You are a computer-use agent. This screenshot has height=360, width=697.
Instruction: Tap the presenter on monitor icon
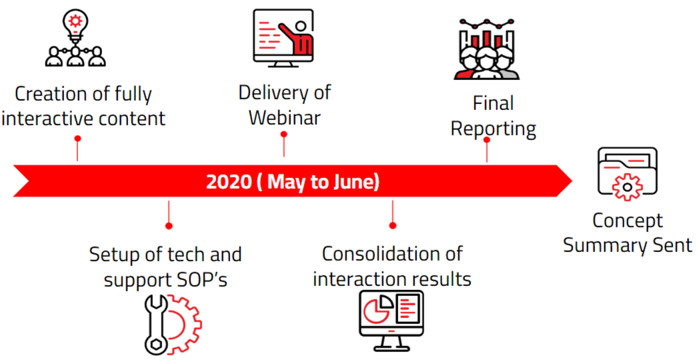283,38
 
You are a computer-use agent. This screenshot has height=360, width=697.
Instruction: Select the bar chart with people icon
487,49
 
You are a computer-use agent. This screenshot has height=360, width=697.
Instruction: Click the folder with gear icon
627,174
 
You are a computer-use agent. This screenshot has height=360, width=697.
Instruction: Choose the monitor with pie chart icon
391,320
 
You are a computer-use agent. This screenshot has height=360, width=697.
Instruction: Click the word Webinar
285,118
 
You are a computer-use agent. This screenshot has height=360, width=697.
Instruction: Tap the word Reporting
494,129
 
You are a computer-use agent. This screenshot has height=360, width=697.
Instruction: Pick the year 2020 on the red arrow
229,182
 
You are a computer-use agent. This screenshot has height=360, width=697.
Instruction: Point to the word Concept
628,221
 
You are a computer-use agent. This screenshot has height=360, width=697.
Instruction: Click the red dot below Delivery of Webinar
284,134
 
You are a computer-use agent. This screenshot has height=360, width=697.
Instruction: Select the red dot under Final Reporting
487,139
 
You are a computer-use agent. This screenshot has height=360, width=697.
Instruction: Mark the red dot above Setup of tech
169,226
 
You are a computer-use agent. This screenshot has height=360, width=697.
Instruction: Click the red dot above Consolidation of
392,225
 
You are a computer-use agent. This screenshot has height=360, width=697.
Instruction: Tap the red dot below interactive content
78,139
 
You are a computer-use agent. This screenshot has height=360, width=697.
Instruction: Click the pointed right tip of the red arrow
572,181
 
